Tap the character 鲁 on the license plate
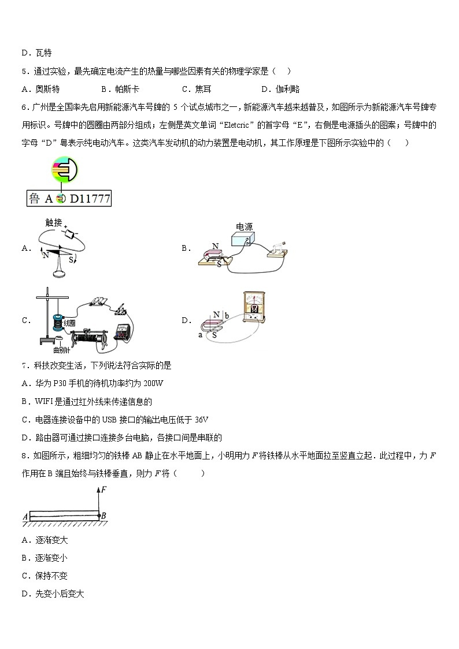coord(35,199)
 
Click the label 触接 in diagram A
coord(53,222)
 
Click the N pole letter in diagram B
coord(215,246)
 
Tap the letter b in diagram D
coord(228,316)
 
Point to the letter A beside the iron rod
coord(25,516)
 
